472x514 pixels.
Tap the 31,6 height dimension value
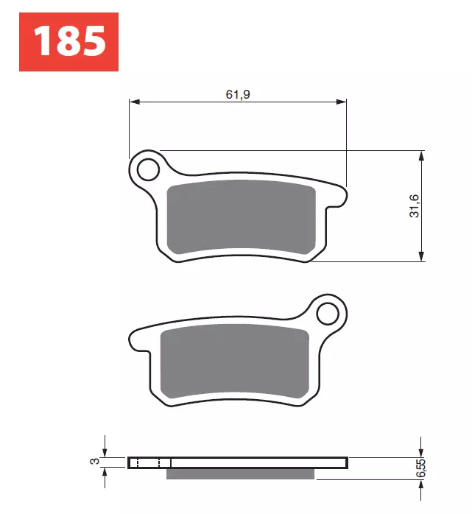pos(415,205)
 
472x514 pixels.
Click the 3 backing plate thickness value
pos(94,462)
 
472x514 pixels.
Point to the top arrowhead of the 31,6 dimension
pos(420,156)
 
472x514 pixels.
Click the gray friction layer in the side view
pos(241,473)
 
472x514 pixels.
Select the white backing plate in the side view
pos(258,462)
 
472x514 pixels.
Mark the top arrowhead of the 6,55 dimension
pos(420,451)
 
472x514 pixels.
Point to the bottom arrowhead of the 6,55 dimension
pos(420,484)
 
